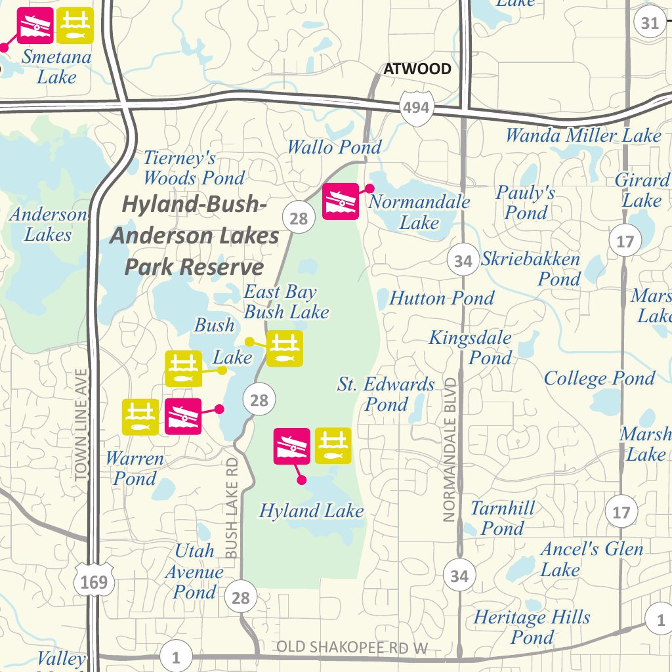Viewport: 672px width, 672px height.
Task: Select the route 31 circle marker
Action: (650, 23)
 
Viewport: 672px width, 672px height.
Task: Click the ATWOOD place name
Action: (417, 69)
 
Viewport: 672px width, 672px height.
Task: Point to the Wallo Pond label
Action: (334, 147)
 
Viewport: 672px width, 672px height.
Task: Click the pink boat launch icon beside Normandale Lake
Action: (341, 201)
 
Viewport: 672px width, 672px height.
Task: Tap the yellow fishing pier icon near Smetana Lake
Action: (75, 25)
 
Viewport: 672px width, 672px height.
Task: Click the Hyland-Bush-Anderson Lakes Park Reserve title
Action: (194, 236)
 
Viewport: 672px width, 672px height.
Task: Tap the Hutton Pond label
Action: (442, 299)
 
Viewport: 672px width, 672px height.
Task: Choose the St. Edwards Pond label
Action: (386, 394)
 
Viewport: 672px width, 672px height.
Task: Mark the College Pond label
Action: (599, 379)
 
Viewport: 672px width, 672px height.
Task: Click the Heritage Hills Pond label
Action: (532, 627)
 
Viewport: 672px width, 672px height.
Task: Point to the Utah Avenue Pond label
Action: (194, 571)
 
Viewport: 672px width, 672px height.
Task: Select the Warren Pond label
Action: (135, 468)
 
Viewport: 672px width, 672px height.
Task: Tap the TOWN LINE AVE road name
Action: (81, 425)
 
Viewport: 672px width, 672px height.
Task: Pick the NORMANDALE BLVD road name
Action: (450, 450)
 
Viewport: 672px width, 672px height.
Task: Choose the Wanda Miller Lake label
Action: (583, 136)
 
